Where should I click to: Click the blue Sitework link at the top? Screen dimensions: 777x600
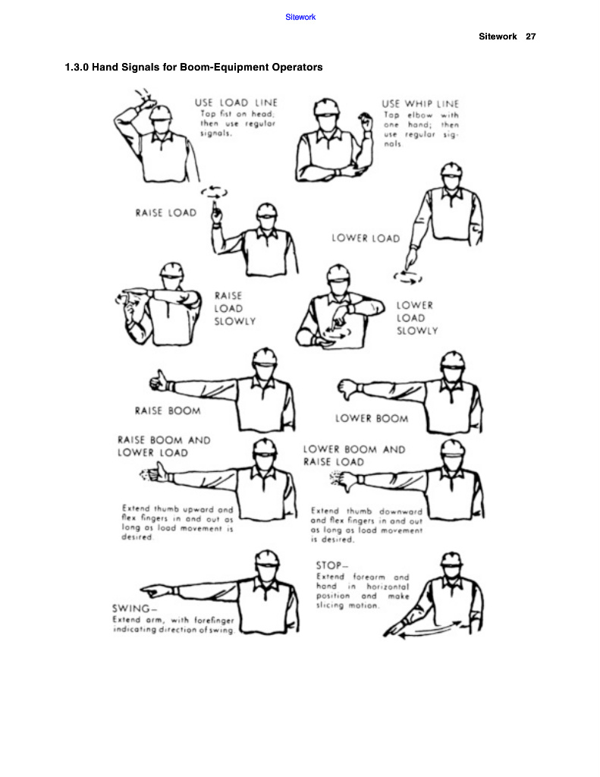[x=300, y=17]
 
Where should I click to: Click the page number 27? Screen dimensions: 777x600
[x=531, y=36]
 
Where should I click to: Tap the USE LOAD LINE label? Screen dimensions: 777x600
[x=236, y=102]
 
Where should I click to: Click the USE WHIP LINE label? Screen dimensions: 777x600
[x=419, y=103]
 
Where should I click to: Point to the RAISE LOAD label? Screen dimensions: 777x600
[x=165, y=213]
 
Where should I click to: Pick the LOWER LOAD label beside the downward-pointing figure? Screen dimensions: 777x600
[x=366, y=238]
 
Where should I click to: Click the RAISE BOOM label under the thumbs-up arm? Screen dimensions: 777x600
[x=168, y=411]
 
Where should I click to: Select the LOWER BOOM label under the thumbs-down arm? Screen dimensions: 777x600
[x=371, y=418]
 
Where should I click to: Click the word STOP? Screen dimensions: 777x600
[x=329, y=565]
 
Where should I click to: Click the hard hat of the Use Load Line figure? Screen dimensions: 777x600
[x=160, y=112]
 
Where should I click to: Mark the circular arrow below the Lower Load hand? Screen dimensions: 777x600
[x=410, y=278]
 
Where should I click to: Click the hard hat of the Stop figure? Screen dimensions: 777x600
[x=451, y=558]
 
